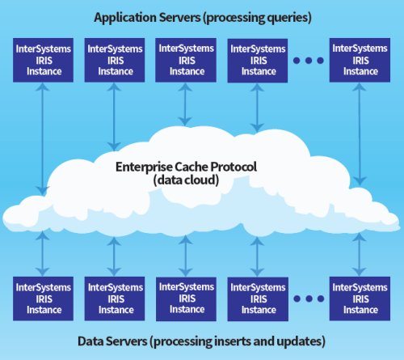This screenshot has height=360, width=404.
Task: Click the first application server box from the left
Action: coord(43,60)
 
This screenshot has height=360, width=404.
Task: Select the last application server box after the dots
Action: coord(360,60)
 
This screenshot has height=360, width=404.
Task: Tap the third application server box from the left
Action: coord(186,60)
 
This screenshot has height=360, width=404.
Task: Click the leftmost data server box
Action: coord(43,299)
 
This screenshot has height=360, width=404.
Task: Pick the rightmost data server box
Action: coord(360,299)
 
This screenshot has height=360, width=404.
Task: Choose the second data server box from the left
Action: coord(115,299)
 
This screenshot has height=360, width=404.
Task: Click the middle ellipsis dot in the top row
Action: coord(309,61)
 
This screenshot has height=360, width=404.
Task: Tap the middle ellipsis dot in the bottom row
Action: coord(309,299)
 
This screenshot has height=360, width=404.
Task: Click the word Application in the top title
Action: coord(125,18)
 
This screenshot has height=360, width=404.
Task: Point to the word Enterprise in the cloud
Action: coord(144,167)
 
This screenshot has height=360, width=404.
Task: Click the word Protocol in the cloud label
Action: coord(234,167)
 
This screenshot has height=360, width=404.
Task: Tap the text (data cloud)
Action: coord(186,180)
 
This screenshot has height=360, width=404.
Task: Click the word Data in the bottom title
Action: coord(90,341)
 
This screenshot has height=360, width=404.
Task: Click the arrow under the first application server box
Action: coord(43,139)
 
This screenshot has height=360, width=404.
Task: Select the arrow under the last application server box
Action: coord(360,134)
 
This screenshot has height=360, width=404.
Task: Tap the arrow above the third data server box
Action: coord(186,256)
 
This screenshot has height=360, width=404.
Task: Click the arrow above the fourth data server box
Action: coord(257,256)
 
